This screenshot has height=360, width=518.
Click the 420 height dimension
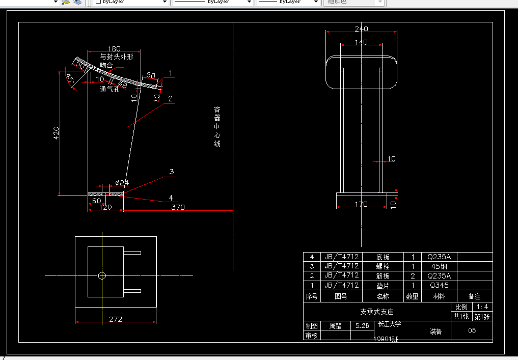(x=56, y=133)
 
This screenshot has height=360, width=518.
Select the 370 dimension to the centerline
(x=178, y=207)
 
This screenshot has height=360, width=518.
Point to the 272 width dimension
(x=115, y=319)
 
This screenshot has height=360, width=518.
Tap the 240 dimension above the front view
(x=361, y=29)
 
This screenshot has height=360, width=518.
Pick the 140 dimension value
(x=361, y=42)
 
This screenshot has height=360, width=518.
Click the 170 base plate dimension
(x=361, y=204)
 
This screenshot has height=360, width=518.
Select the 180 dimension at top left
(x=114, y=48)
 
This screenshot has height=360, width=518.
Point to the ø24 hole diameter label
(x=122, y=182)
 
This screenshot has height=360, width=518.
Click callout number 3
(x=172, y=172)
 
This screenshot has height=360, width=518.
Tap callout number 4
(x=171, y=198)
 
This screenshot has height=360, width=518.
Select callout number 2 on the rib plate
(x=170, y=99)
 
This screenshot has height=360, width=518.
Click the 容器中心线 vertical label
(x=217, y=127)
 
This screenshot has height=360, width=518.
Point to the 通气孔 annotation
(x=110, y=89)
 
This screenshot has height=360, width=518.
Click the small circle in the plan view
(x=102, y=275)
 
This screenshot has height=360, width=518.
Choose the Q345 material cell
(x=439, y=285)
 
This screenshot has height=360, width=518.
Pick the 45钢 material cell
(x=439, y=266)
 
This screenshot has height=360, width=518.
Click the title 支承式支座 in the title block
(x=377, y=312)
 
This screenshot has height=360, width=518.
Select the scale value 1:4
(x=482, y=307)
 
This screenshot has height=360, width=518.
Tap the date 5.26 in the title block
(x=362, y=326)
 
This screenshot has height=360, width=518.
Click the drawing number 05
(x=472, y=330)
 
